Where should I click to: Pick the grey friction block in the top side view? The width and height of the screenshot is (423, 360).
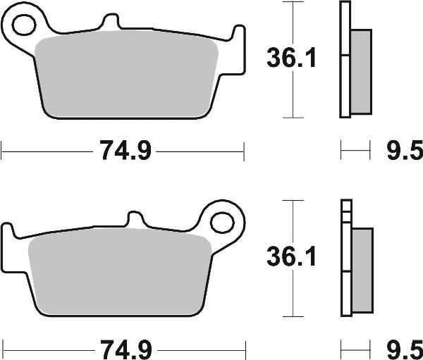click(x=360, y=70)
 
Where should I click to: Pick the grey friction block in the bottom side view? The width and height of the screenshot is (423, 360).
click(x=360, y=271)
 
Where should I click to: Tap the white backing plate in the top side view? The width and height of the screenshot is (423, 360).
click(x=345, y=85)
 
